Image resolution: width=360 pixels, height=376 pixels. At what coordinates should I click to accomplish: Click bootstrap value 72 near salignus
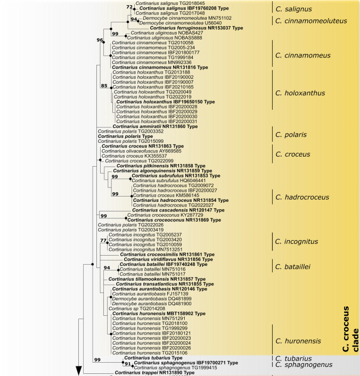click(x=128, y=7)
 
